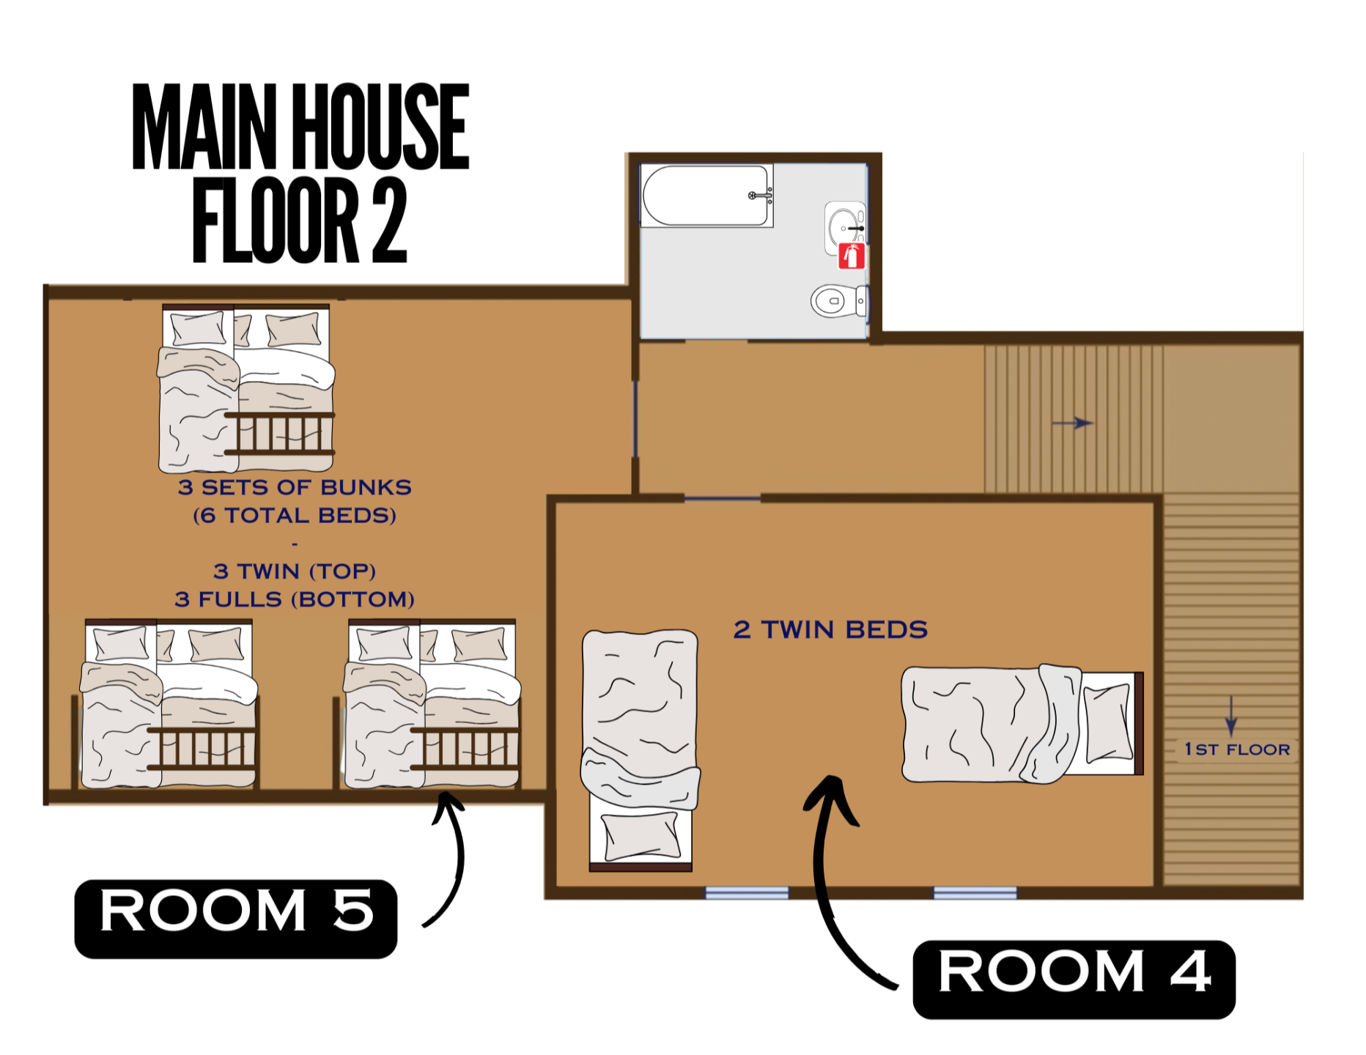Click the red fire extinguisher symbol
[x=852, y=256]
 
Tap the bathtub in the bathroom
[x=706, y=196]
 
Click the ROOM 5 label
[x=236, y=919]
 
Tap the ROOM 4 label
[x=1074, y=980]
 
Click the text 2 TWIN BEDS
[x=830, y=629]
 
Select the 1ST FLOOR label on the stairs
[x=1237, y=749]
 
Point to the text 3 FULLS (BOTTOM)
[x=295, y=599]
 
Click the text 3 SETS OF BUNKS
[x=295, y=487]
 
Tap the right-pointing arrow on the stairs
[x=1072, y=423]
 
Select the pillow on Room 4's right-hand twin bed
[x=1108, y=722]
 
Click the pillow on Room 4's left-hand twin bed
[x=640, y=836]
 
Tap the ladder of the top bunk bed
[x=279, y=434]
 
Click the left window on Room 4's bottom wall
[x=747, y=892]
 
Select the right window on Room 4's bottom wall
[x=975, y=892]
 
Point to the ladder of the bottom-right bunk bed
[x=465, y=749]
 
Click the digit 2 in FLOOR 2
[x=389, y=220]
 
